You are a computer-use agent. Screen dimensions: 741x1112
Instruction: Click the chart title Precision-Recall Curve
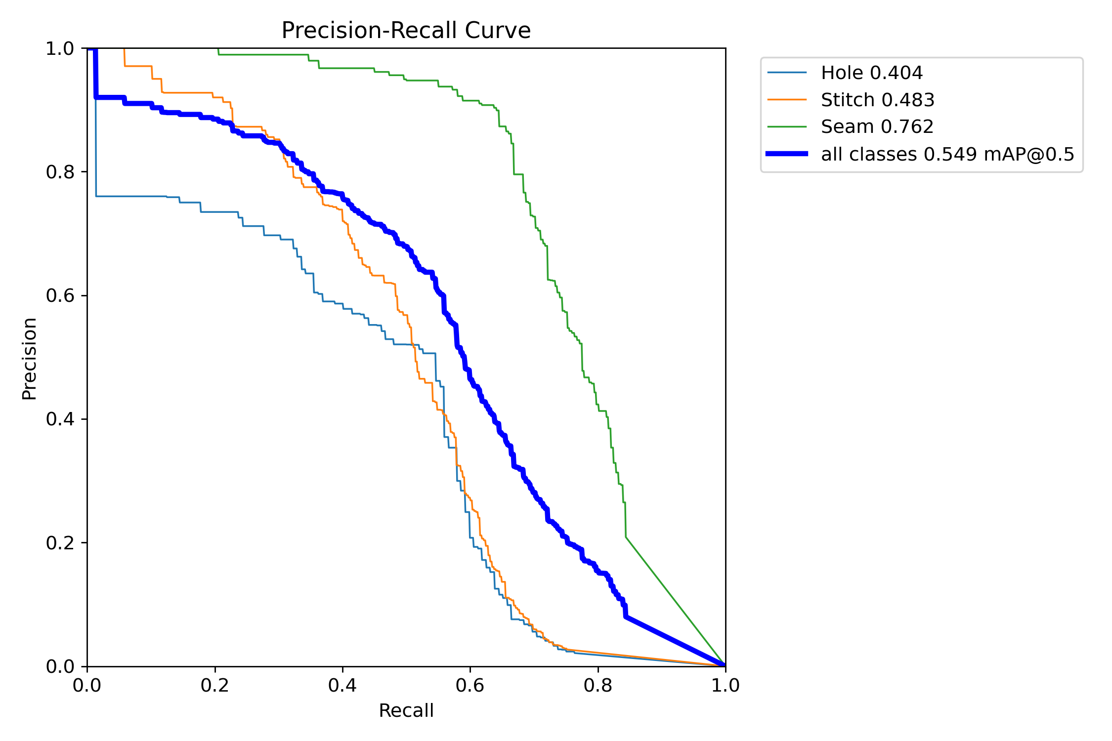(x=406, y=31)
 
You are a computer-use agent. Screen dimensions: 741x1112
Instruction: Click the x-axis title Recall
(x=406, y=710)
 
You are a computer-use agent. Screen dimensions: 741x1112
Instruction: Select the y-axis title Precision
(x=29, y=358)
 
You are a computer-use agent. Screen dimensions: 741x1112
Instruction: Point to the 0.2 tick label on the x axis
(x=215, y=685)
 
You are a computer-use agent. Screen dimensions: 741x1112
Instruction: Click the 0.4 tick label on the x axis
(x=342, y=685)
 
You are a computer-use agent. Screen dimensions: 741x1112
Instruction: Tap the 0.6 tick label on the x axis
(x=470, y=685)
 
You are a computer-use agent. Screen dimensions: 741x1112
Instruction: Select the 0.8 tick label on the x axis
(x=598, y=685)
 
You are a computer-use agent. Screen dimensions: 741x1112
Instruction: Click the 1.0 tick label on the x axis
(x=725, y=685)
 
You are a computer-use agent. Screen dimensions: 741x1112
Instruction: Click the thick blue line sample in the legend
(x=787, y=154)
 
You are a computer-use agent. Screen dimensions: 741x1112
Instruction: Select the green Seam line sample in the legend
(x=787, y=127)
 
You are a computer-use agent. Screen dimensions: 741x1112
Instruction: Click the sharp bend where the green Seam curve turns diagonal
(x=626, y=537)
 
